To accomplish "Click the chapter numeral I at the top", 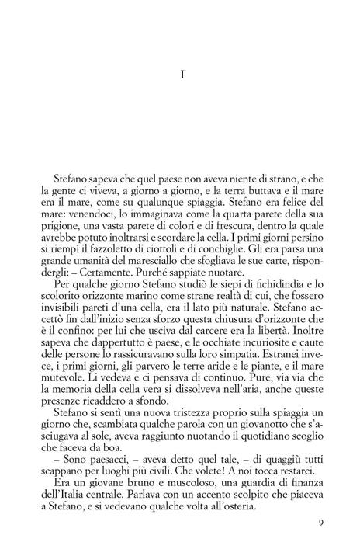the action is coord(180,75).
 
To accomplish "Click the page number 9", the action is coord(320,522).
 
